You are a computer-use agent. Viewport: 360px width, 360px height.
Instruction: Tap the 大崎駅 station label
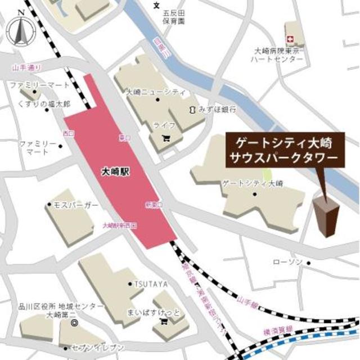pyautogui.click(x=117, y=172)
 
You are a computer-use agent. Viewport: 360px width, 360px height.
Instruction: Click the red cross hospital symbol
pyautogui.click(x=291, y=39)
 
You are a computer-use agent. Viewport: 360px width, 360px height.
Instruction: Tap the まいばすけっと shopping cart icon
pyautogui.click(x=164, y=321)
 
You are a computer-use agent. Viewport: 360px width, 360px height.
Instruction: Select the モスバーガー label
pyautogui.click(x=77, y=206)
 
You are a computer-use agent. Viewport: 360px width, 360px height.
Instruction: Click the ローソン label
pyautogui.click(x=287, y=263)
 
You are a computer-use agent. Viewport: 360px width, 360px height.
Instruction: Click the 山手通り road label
pyautogui.click(x=26, y=68)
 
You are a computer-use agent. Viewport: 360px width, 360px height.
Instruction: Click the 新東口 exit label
pyautogui.click(x=154, y=204)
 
